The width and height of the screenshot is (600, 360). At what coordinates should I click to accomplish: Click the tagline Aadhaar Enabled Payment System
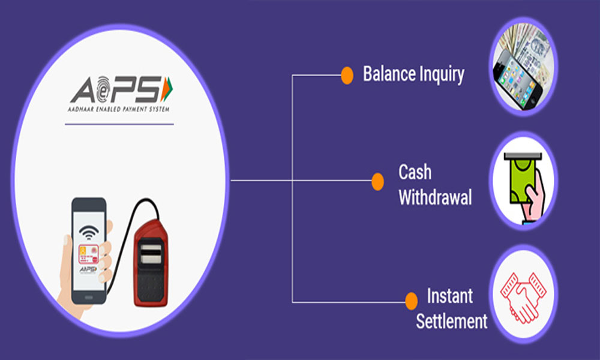click(x=119, y=110)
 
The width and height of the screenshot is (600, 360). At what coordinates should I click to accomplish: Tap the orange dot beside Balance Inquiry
click(x=347, y=75)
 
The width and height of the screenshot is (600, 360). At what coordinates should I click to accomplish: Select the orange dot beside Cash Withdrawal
click(x=377, y=181)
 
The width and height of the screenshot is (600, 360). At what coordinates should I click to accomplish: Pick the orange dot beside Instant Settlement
click(x=412, y=301)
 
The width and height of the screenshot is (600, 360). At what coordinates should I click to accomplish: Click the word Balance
click(x=388, y=74)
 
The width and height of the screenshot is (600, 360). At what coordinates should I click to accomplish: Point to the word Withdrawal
click(x=435, y=197)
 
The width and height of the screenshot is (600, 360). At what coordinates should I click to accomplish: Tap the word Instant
click(x=450, y=295)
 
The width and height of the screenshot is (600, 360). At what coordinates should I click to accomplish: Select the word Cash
click(x=415, y=172)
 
